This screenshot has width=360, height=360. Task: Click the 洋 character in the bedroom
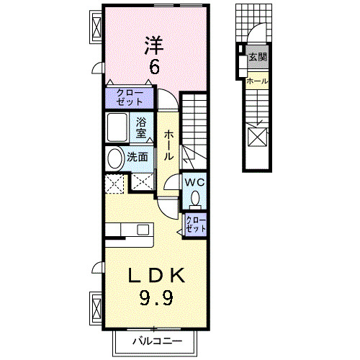(153, 44)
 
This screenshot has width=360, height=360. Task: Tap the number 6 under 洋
(153, 67)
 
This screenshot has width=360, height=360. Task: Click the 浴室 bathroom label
(142, 127)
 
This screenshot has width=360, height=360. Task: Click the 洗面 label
(138, 157)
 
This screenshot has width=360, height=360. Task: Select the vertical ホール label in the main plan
(168, 145)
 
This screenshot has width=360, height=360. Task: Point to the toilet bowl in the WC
(195, 198)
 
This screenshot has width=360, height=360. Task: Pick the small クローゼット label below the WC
(195, 224)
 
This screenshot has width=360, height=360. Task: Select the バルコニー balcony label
(156, 341)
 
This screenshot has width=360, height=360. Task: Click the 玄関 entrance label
(257, 56)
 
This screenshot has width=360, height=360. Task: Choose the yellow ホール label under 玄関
(256, 81)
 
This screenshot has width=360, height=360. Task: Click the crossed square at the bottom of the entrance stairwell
(257, 135)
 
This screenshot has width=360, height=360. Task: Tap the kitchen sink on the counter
(138, 230)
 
